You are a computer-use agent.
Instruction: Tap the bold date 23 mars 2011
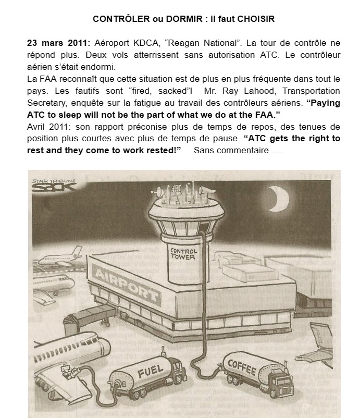click(x=58, y=43)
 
